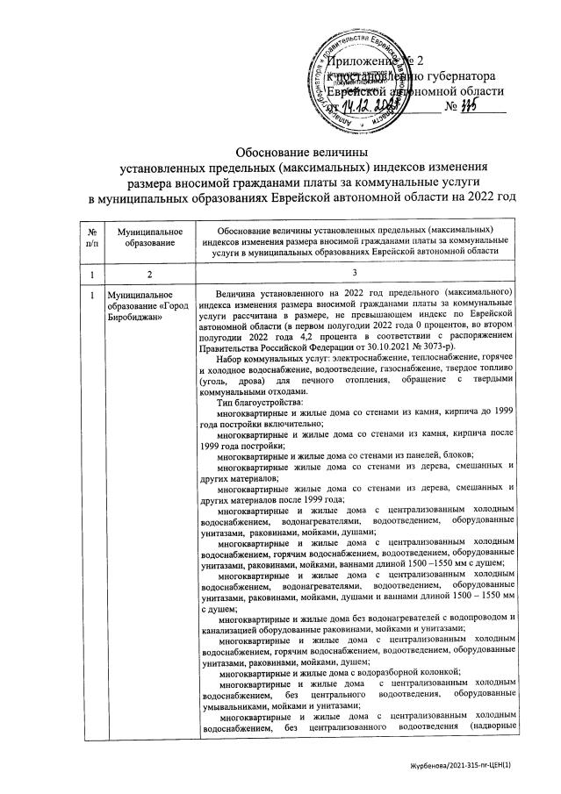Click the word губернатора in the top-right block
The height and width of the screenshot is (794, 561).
pos(472,75)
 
